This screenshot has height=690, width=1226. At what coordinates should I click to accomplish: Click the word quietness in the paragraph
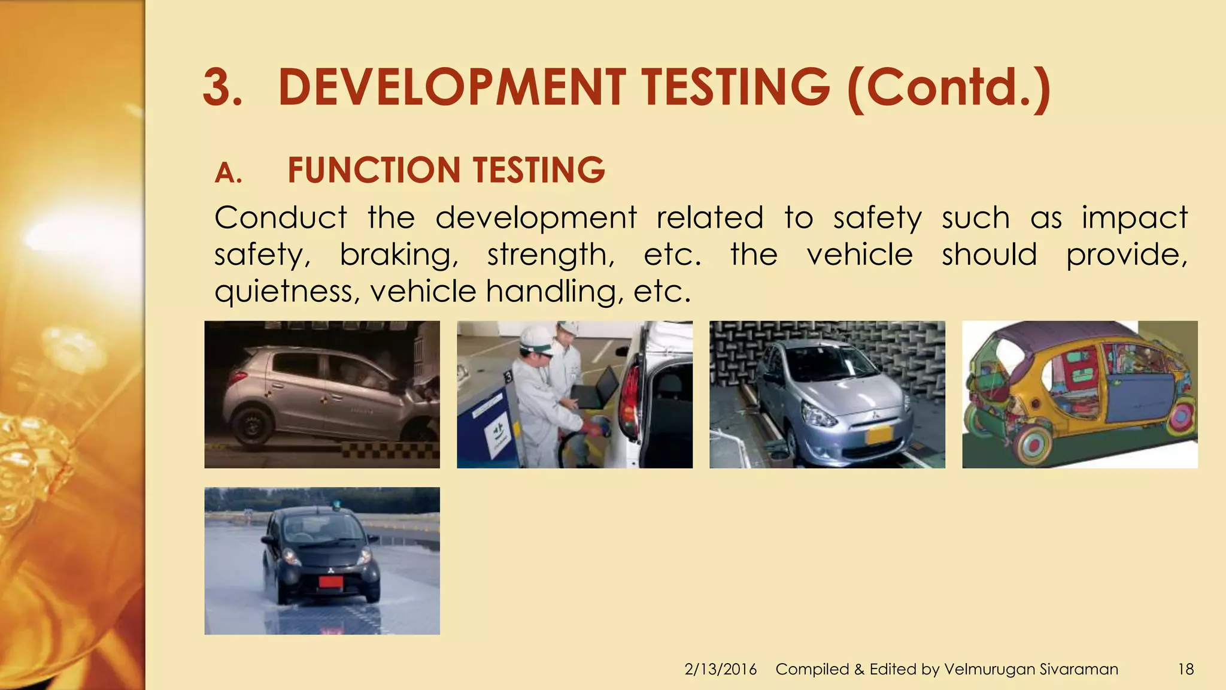click(x=286, y=292)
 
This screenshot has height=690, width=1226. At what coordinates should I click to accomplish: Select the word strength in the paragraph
click(x=551, y=255)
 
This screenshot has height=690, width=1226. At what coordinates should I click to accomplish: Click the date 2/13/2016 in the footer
click(x=721, y=669)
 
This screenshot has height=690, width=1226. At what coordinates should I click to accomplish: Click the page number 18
click(x=1185, y=669)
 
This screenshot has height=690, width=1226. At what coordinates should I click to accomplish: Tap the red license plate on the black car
click(x=330, y=582)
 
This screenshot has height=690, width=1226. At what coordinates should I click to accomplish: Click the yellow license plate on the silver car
click(x=879, y=434)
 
